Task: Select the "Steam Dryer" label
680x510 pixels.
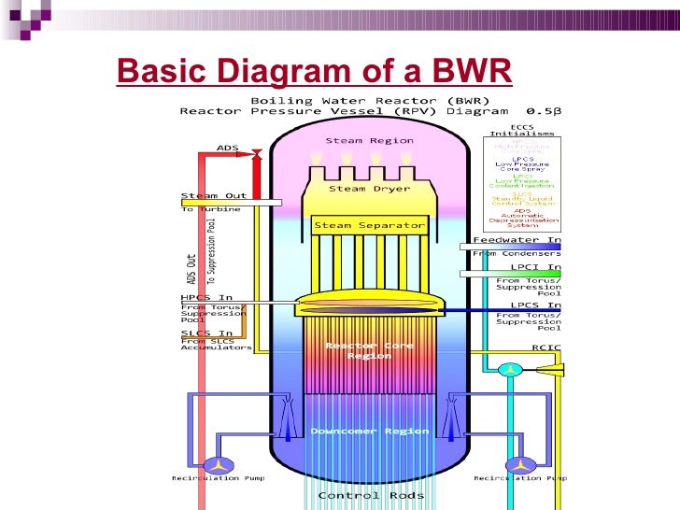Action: click(x=369, y=189)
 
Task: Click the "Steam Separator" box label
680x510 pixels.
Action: click(x=369, y=225)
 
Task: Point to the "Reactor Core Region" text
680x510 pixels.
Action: click(x=369, y=350)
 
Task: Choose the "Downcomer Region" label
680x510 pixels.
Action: click(x=369, y=432)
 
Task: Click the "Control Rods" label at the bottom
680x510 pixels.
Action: click(x=371, y=496)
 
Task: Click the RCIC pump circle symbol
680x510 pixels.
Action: click(x=509, y=370)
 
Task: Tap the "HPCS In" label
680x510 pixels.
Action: click(x=206, y=298)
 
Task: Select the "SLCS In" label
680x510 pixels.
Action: click(x=206, y=333)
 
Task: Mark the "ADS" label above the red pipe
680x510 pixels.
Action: click(x=227, y=148)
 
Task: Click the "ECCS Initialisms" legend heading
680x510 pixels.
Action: click(x=522, y=131)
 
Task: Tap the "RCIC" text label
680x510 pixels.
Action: click(x=544, y=347)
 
